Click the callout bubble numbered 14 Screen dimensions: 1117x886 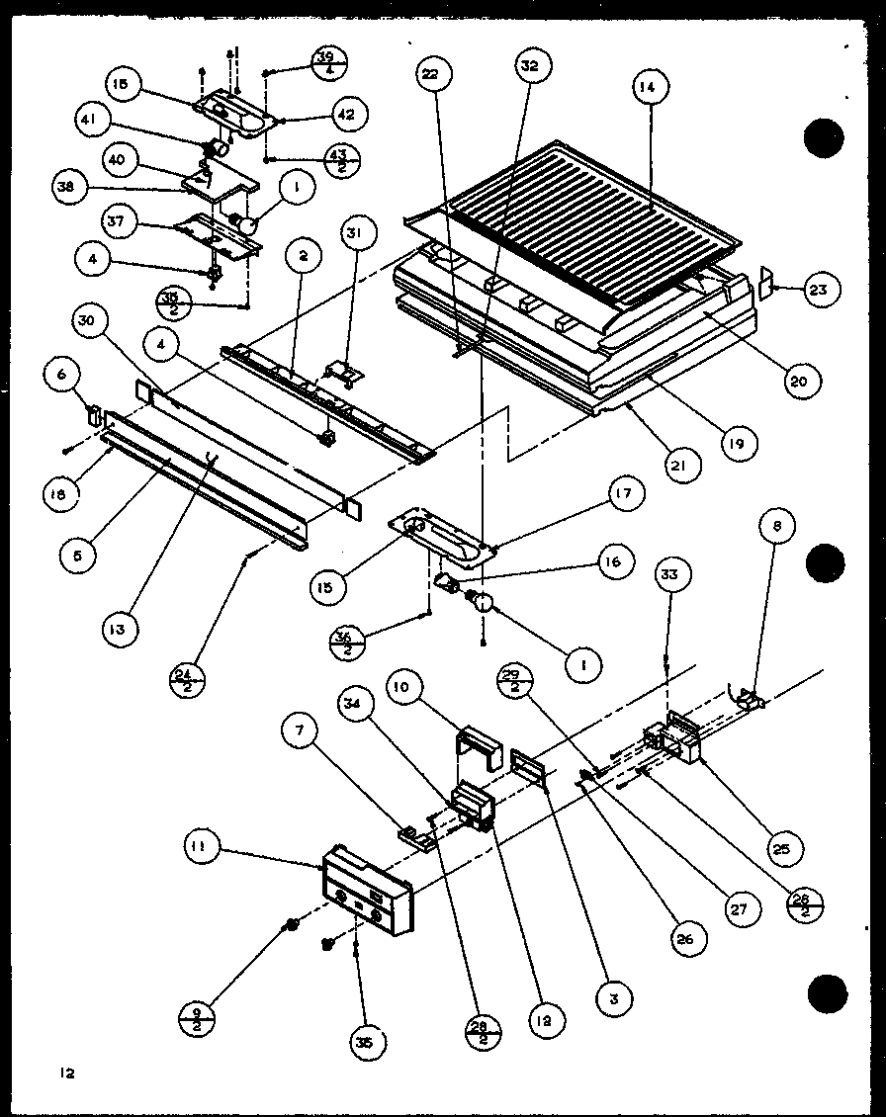pyautogui.click(x=646, y=87)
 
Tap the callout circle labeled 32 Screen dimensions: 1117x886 pyautogui.click(x=530, y=66)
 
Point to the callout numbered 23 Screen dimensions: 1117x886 pyautogui.click(x=822, y=290)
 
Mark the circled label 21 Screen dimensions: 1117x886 pyautogui.click(x=682, y=463)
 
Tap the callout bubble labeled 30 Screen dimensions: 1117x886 pyautogui.click(x=91, y=321)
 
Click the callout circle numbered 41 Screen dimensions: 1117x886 pyautogui.click(x=93, y=122)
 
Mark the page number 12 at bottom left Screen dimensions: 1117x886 pyautogui.click(x=65, y=1073)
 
